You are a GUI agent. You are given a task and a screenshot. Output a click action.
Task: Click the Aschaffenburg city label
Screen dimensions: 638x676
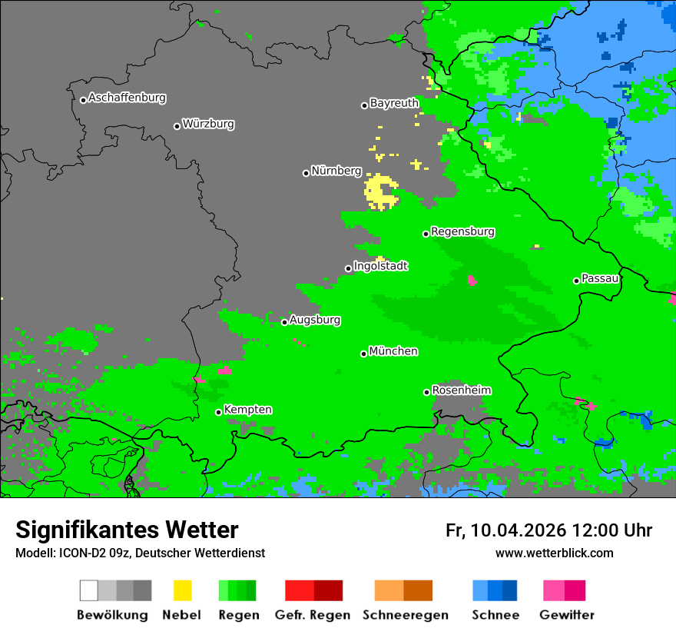(x=127, y=98)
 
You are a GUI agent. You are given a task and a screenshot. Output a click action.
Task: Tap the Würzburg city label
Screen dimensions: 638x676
(x=208, y=125)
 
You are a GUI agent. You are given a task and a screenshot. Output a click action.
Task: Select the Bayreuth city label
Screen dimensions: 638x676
(x=394, y=103)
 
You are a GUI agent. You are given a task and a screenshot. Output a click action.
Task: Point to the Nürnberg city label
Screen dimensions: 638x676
(x=336, y=171)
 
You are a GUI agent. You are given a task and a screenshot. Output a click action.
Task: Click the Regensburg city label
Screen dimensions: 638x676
(x=462, y=232)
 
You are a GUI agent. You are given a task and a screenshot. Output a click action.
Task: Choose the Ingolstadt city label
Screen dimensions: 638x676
(x=380, y=267)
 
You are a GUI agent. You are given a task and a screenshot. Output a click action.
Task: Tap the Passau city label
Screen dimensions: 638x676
(x=600, y=279)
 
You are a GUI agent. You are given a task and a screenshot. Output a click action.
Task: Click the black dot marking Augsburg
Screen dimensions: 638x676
(x=284, y=322)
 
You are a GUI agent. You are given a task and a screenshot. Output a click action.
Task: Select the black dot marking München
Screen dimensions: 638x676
(x=364, y=354)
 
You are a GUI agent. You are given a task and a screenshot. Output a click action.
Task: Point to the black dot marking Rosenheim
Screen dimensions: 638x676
(x=427, y=392)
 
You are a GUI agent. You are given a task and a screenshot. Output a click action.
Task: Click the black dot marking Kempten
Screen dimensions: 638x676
(x=219, y=412)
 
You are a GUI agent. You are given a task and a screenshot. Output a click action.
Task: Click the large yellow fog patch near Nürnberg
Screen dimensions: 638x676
(x=379, y=192)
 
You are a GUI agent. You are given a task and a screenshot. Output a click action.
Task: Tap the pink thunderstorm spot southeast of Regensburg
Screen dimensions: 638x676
(x=472, y=281)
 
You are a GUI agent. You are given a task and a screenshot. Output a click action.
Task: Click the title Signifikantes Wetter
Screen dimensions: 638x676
(x=127, y=530)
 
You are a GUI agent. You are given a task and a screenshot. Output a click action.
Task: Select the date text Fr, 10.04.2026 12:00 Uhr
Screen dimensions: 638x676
(x=548, y=530)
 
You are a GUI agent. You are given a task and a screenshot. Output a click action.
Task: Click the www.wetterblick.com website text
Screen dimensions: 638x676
(x=554, y=553)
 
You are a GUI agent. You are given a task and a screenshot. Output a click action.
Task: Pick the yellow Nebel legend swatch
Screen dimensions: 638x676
(x=182, y=590)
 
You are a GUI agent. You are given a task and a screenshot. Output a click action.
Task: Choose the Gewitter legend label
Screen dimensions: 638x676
(x=567, y=615)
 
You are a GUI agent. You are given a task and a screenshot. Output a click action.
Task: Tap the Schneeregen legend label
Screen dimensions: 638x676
(x=406, y=615)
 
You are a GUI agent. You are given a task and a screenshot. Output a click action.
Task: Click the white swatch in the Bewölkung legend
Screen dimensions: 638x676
(x=89, y=590)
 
